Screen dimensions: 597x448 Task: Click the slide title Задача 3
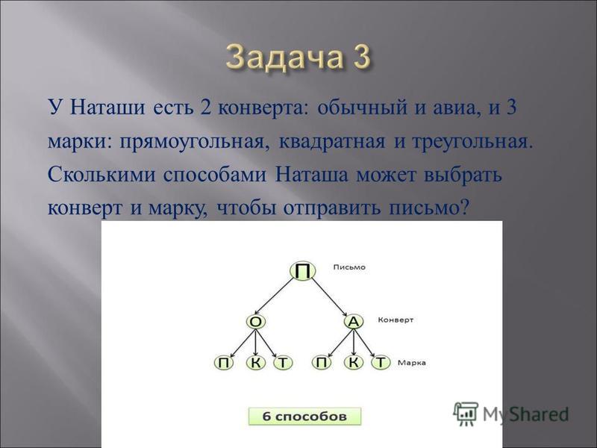(x=298, y=58)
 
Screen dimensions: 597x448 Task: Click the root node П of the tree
(x=303, y=271)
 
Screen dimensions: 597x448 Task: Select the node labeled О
(x=256, y=322)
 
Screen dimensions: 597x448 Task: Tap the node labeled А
(x=354, y=322)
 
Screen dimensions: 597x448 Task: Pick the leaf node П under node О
(x=224, y=363)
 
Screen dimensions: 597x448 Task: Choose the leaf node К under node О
(x=256, y=363)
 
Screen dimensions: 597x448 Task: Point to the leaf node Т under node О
(x=283, y=363)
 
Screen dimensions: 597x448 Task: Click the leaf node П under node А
(x=322, y=363)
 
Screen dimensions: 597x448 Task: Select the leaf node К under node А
(x=354, y=363)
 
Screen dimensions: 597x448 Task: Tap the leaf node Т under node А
(x=381, y=363)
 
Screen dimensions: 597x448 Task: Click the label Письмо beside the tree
(x=349, y=267)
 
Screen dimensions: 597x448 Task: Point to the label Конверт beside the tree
(x=396, y=320)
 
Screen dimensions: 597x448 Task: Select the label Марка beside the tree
(x=412, y=363)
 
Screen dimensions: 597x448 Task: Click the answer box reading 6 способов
(x=304, y=417)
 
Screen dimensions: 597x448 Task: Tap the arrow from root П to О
(x=275, y=296)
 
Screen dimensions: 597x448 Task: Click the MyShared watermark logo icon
(x=466, y=413)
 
